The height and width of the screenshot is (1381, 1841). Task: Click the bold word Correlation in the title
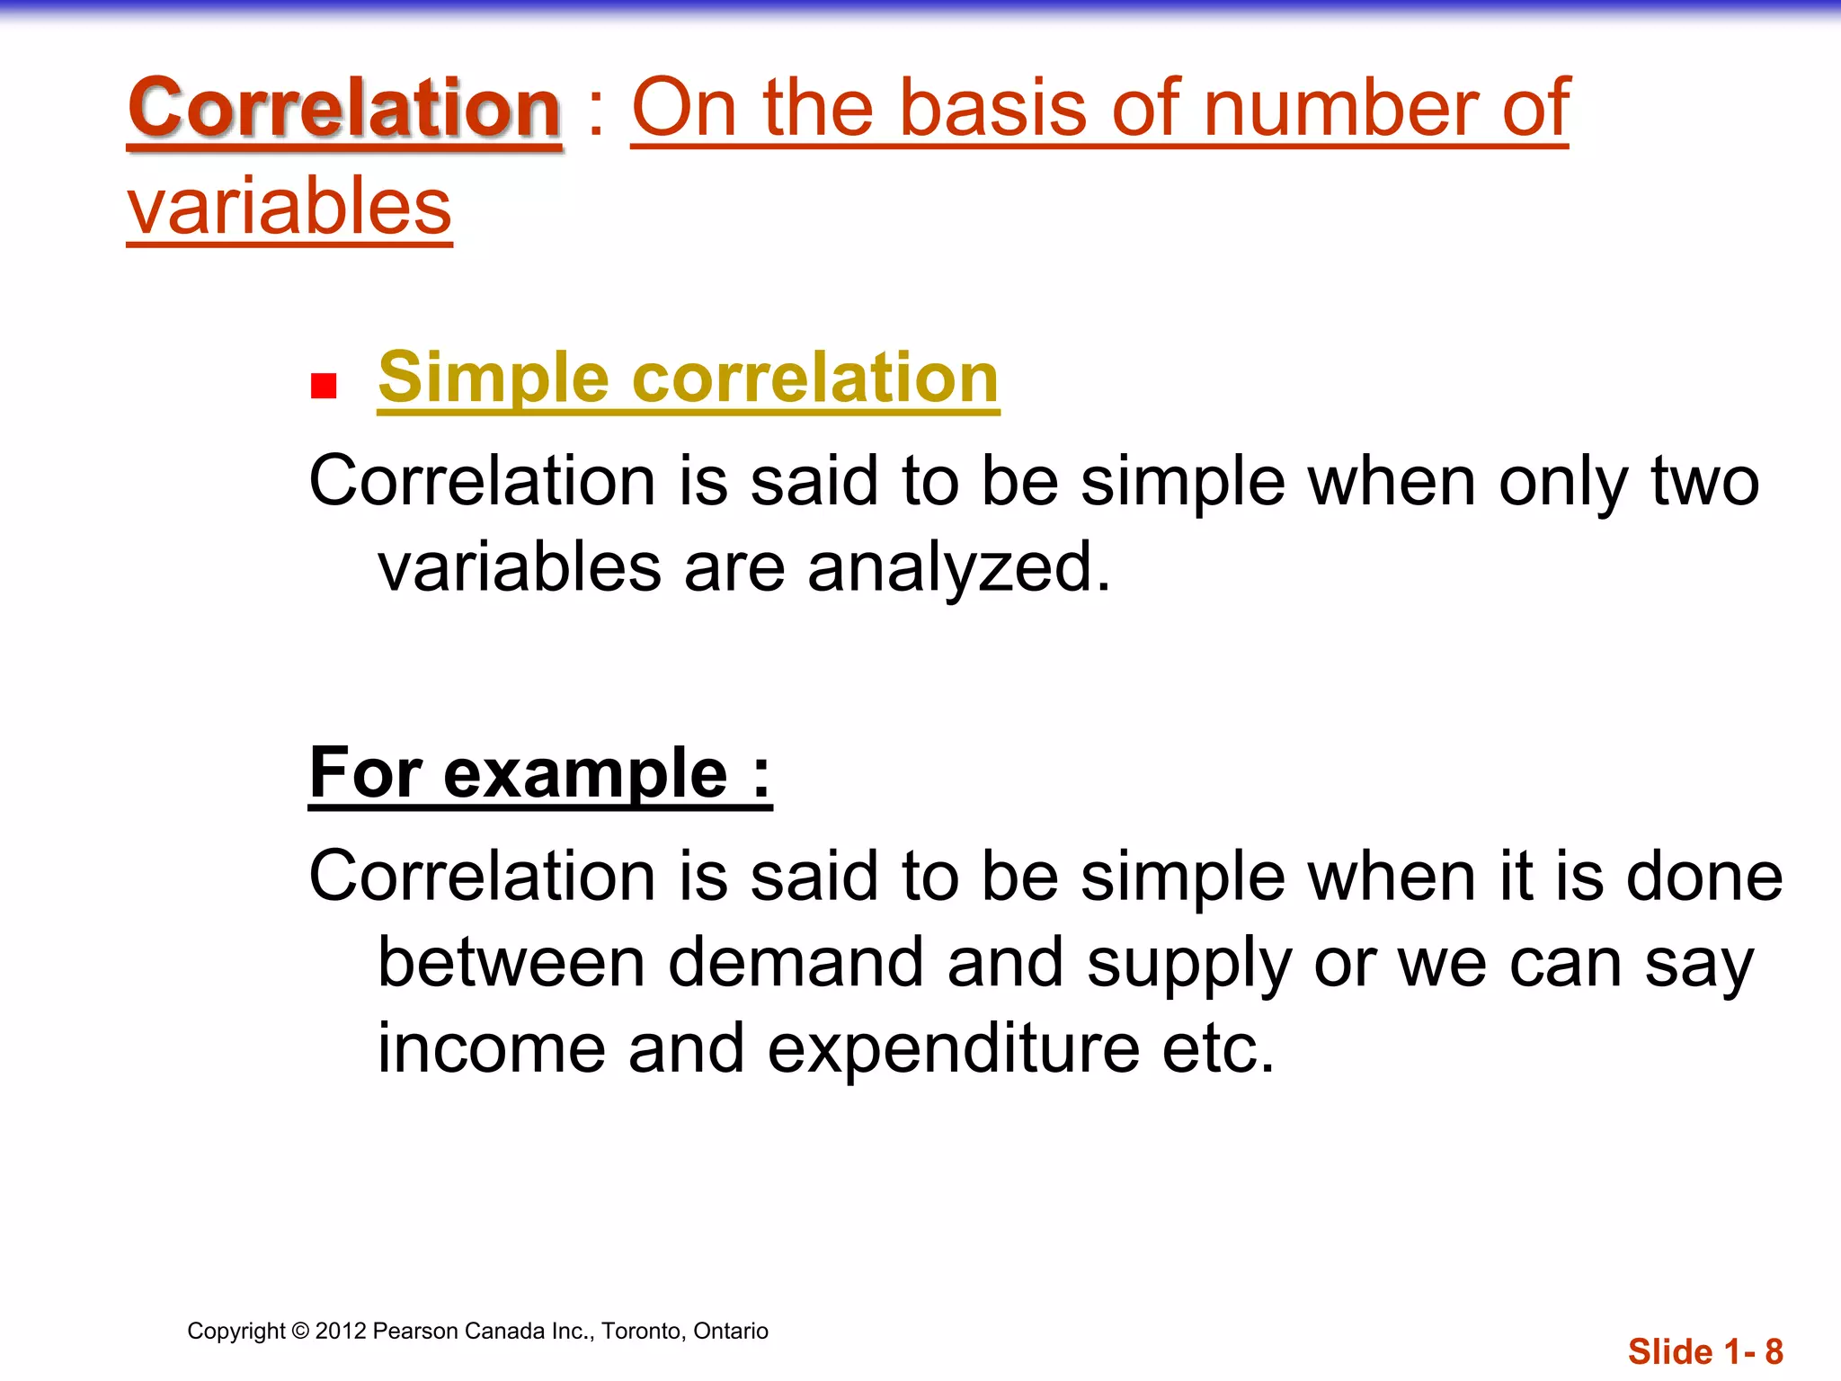(344, 108)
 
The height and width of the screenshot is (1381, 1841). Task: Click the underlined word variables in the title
(289, 207)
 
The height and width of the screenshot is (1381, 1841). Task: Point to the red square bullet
(324, 387)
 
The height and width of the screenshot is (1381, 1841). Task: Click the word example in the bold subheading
(584, 773)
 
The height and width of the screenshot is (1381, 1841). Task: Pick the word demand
(796, 963)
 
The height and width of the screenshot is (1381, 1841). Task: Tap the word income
(491, 1048)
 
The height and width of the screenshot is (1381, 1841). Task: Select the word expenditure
(954, 1048)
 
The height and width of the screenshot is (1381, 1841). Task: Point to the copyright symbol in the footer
(300, 1332)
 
